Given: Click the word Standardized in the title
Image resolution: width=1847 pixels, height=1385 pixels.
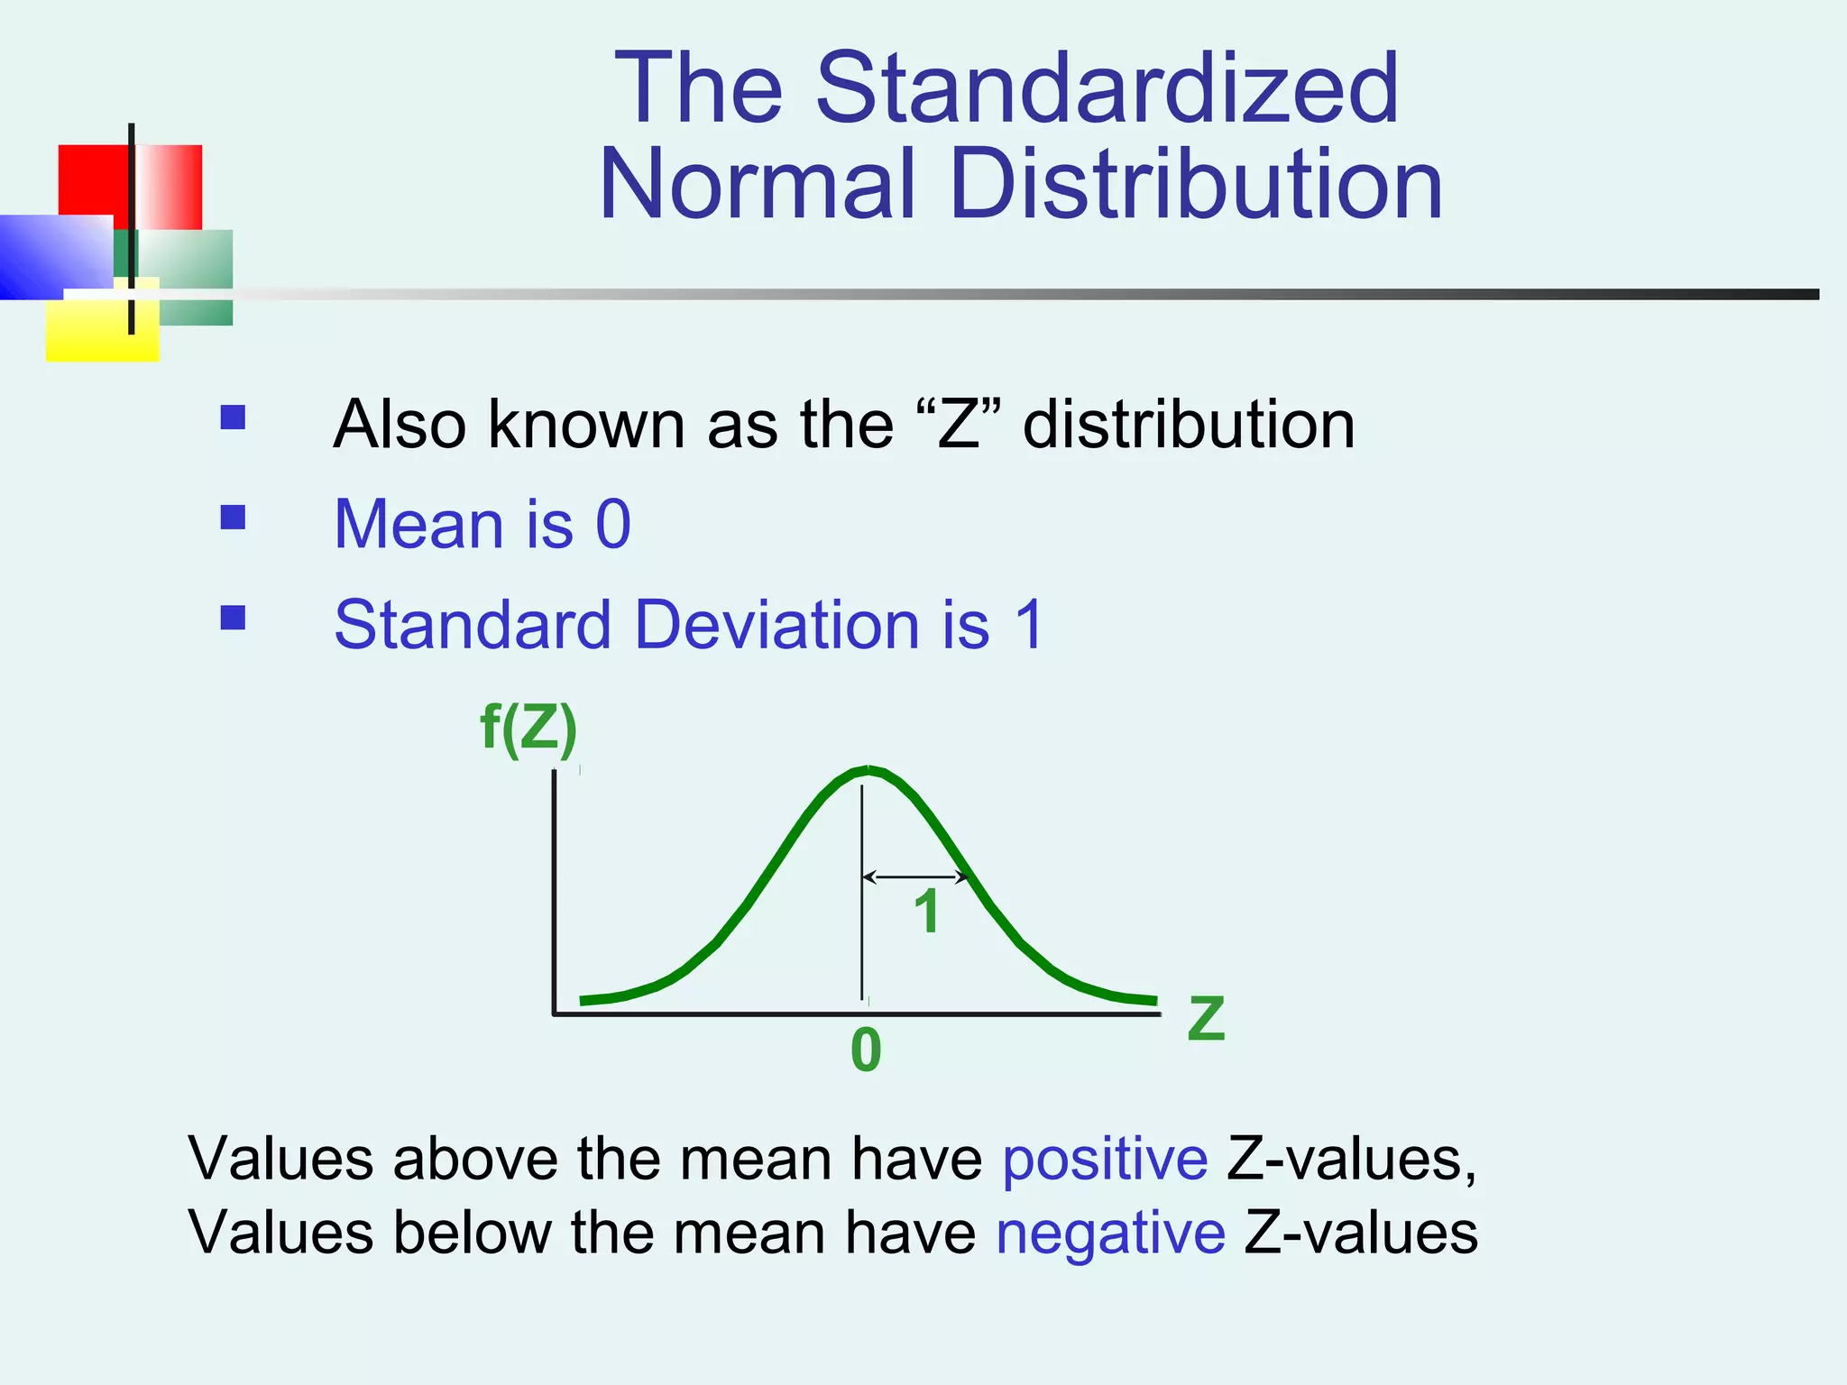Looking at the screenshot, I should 1107,88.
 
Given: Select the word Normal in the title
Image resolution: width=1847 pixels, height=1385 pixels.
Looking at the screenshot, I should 758,185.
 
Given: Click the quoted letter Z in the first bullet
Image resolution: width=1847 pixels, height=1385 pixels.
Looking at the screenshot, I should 959,425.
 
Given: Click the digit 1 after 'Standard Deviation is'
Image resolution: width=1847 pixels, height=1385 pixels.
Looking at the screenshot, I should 1029,624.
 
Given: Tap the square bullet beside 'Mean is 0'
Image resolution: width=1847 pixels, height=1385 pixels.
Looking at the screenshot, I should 233,517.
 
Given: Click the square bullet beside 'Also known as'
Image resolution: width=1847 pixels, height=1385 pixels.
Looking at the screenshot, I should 233,417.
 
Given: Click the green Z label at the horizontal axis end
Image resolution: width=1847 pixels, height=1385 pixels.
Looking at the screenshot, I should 1206,1019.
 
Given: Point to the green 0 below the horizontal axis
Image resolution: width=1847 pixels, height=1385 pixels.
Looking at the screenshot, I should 866,1051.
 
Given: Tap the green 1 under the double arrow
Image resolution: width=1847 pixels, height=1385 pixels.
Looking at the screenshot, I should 927,913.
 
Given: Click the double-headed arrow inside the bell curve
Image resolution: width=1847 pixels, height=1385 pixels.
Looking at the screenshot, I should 914,876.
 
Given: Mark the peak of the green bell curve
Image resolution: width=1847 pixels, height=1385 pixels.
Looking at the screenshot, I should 868,769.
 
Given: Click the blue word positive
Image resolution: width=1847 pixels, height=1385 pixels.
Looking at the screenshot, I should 1105,1159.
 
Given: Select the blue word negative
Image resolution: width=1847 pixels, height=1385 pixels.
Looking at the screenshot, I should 1110,1233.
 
